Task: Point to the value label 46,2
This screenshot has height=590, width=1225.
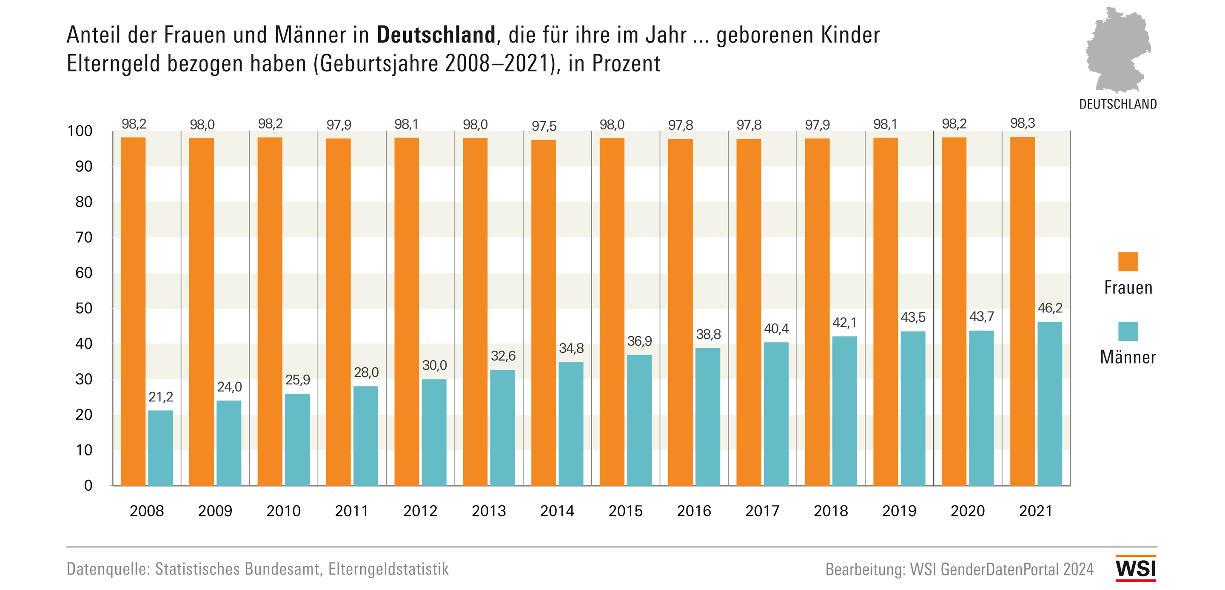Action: [x=1050, y=308]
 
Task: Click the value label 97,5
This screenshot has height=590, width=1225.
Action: [x=544, y=126]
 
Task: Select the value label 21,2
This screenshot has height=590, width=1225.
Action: [x=161, y=396]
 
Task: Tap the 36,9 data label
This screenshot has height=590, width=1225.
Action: [x=639, y=341]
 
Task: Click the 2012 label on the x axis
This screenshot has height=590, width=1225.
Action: [x=420, y=511]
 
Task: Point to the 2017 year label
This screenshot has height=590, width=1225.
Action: [x=762, y=511]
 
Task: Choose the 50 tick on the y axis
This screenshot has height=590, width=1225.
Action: [x=84, y=308]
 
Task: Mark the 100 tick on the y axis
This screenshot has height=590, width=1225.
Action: [x=80, y=131]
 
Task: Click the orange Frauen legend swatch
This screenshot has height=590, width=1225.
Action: [x=1128, y=261]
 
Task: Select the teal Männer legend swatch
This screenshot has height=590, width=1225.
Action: [x=1128, y=331]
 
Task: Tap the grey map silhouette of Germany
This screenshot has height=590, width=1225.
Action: [x=1117, y=50]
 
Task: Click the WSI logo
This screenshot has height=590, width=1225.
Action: [x=1136, y=569]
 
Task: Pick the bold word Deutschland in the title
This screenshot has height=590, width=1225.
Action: [x=436, y=35]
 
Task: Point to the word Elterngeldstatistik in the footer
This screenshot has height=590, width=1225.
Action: [x=388, y=569]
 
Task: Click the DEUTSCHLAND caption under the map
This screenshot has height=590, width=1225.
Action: [x=1118, y=104]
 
